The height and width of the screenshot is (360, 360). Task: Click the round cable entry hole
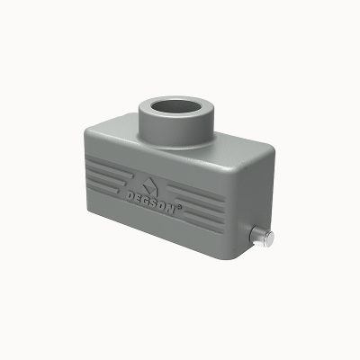pyautogui.click(x=175, y=107)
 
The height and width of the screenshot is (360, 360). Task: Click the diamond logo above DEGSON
pyautogui.click(x=150, y=186)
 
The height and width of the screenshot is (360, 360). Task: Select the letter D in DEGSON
pyautogui.click(x=130, y=196)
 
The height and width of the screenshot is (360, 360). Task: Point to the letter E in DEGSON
pyautogui.click(x=139, y=200)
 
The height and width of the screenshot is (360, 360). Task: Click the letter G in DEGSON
pyautogui.click(x=147, y=202)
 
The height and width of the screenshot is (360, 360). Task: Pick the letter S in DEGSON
pyautogui.click(x=155, y=205)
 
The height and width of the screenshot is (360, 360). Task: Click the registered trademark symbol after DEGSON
pyautogui.click(x=179, y=208)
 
